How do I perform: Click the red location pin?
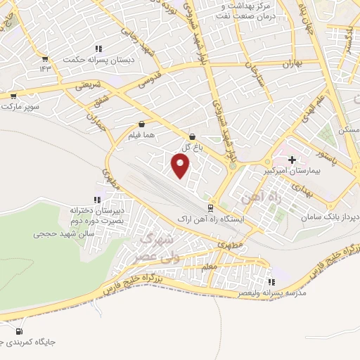181,166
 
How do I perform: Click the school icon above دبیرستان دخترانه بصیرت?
96,200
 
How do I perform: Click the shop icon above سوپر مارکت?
13,96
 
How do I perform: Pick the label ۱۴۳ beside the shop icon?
46,68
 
